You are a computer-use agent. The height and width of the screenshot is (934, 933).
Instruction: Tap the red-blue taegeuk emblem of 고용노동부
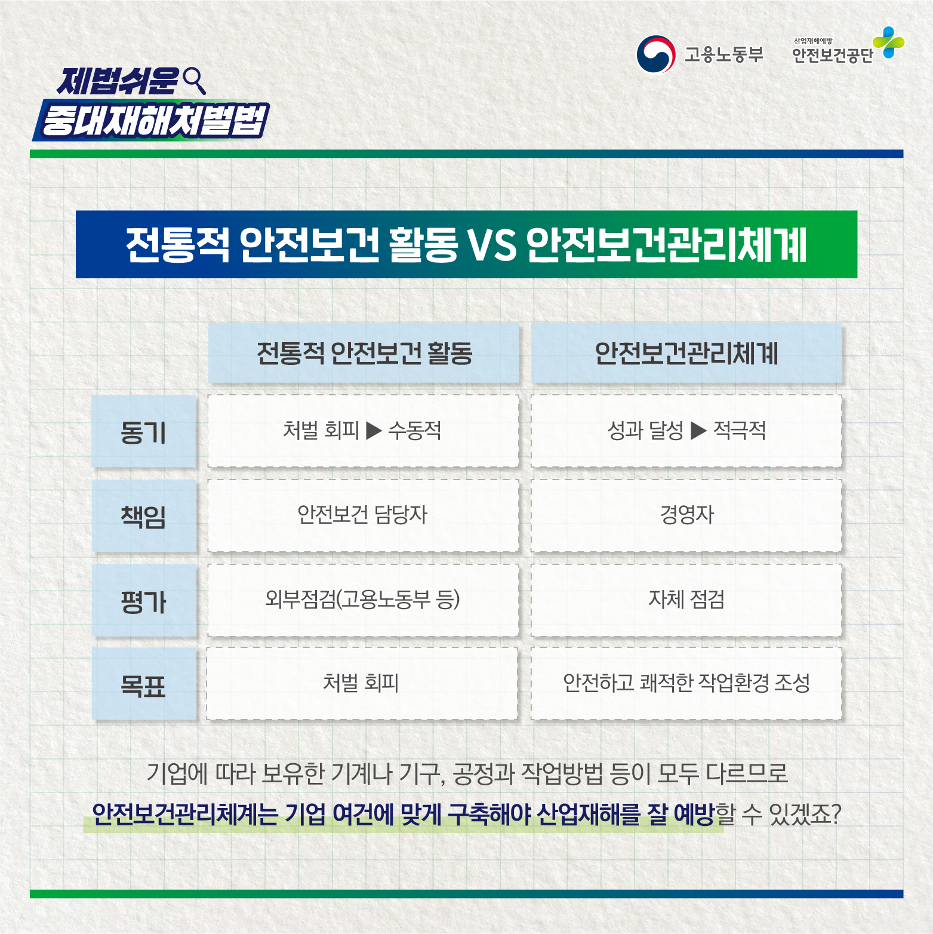coord(655,54)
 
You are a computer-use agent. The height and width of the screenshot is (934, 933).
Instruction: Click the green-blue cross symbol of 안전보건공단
coord(889,42)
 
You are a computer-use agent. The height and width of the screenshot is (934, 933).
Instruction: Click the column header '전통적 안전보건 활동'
coord(364,353)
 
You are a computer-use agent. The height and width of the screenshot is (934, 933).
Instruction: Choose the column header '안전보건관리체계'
coord(686,353)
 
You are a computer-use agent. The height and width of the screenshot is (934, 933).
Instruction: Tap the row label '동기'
coord(144,431)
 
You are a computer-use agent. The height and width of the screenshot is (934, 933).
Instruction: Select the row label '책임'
coord(144,516)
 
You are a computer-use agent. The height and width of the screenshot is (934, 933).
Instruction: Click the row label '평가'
coord(144,600)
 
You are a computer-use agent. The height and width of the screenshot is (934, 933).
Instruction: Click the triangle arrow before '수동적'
coord(374,430)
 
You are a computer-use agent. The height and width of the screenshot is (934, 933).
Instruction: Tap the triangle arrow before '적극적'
coord(698,430)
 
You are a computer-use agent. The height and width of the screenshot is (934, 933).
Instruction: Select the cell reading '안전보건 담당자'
coord(363,515)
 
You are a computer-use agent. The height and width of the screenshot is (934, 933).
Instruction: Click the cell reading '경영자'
coord(686,515)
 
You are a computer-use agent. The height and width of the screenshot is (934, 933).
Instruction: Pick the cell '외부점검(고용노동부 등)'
coord(363,600)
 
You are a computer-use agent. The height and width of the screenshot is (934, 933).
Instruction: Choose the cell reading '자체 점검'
coord(686,600)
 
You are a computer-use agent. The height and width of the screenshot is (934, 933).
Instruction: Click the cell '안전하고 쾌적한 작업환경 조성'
coord(686,683)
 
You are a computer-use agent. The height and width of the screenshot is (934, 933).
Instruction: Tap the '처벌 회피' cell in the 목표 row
coord(362,683)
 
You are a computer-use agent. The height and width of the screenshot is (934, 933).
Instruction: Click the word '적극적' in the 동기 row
coord(740,430)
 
